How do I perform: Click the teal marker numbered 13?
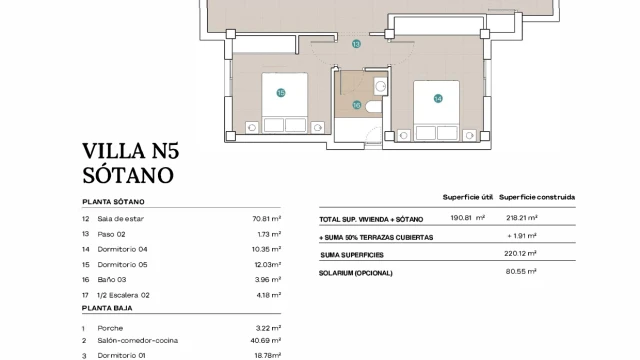click(x=356, y=44)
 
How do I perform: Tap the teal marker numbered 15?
click(x=281, y=93)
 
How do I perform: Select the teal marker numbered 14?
click(x=438, y=98)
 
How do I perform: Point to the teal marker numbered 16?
click(x=357, y=105)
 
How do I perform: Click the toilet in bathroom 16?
click(x=373, y=107)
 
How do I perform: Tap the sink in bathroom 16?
click(x=380, y=86)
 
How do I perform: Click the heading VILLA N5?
click(x=131, y=151)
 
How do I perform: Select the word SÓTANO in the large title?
click(x=128, y=175)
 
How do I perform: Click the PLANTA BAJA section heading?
click(x=107, y=308)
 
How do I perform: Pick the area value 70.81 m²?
click(x=267, y=219)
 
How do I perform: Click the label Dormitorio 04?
click(x=122, y=249)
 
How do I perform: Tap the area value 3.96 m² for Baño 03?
click(x=269, y=280)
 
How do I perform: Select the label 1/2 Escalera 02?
click(x=123, y=295)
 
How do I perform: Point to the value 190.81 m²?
click(x=468, y=218)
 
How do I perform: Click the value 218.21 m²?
click(x=522, y=218)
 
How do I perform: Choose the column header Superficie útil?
click(x=468, y=198)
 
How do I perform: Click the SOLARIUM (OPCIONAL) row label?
click(x=356, y=273)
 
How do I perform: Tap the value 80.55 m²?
click(x=521, y=271)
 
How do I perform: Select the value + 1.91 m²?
click(x=522, y=236)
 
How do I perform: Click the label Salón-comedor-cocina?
click(x=138, y=340)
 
